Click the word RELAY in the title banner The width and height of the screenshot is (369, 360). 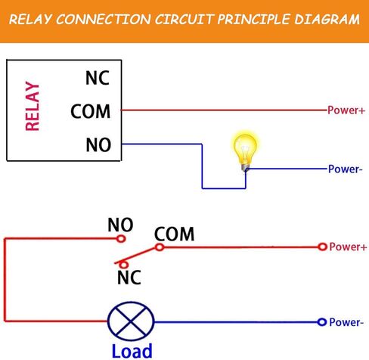tap(30, 20)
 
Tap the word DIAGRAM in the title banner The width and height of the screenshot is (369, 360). tap(327, 20)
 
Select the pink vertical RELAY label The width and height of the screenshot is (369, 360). tap(33, 106)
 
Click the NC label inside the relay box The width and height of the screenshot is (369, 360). tap(98, 78)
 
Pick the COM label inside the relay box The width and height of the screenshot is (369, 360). tap(90, 111)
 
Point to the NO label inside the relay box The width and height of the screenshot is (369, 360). tap(98, 144)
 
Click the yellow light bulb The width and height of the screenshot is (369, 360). tap(245, 151)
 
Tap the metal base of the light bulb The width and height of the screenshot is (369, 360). tap(245, 168)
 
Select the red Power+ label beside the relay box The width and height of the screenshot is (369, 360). tap(346, 110)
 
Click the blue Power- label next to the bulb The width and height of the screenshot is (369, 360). tap(345, 169)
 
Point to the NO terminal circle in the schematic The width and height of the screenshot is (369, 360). tap(121, 238)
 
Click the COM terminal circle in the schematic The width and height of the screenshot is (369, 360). tap(160, 247)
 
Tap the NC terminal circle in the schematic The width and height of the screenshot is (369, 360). tap(124, 265)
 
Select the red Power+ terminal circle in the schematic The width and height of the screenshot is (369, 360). tap(322, 247)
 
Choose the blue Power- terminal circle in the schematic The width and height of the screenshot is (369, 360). tap(322, 322)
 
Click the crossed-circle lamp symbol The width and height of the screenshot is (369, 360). tap(131, 321)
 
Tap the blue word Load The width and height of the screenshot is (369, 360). tap(132, 350)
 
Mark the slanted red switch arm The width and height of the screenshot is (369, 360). tap(135, 256)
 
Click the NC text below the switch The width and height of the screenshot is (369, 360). tap(129, 278)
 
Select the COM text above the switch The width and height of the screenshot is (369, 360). tap(174, 234)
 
